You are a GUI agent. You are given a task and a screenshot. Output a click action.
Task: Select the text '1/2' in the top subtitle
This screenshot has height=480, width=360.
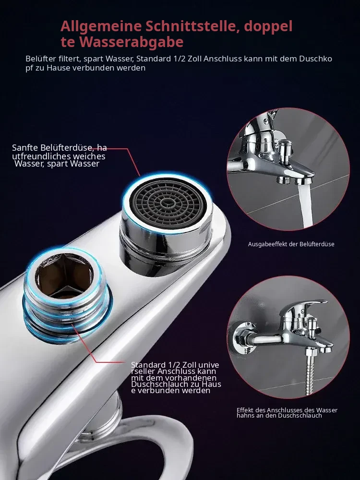click(180, 59)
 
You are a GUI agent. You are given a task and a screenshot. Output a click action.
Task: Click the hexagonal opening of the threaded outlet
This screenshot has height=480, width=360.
click(64, 275)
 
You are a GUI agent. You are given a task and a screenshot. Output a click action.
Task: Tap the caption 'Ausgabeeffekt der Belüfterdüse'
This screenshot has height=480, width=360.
click(291, 244)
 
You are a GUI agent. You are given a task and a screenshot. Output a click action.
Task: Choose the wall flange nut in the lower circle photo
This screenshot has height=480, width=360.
click(241, 339)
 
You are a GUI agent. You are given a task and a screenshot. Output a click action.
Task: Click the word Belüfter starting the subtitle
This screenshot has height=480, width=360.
click(41, 59)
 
